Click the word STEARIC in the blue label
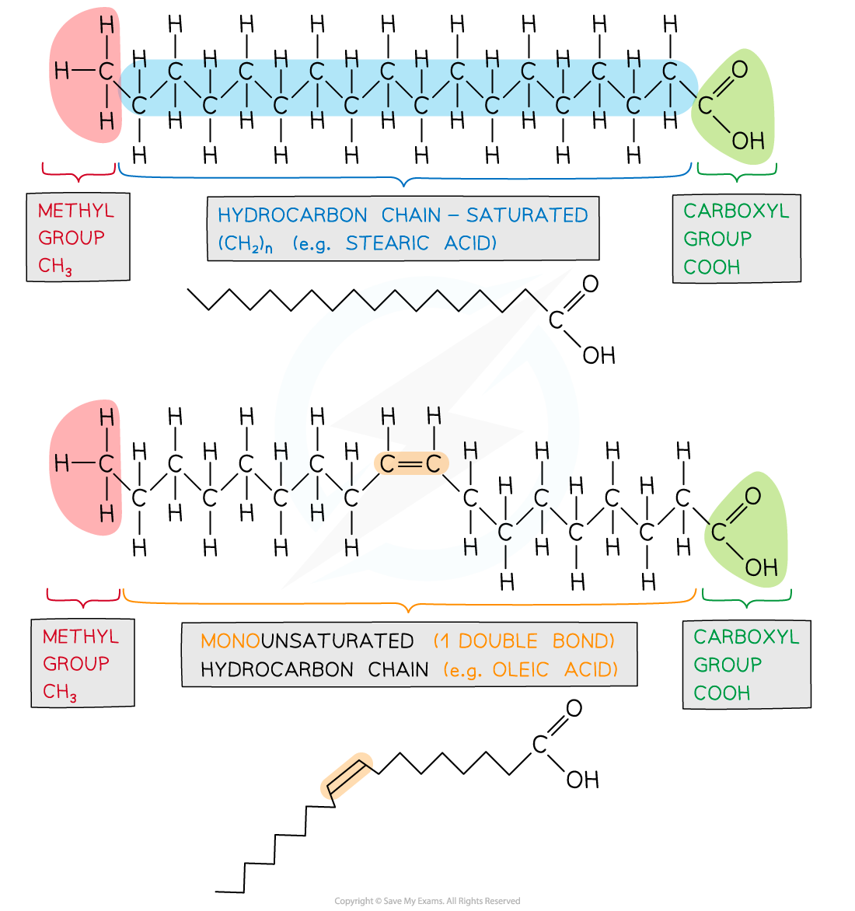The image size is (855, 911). (x=387, y=243)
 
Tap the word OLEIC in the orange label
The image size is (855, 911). (x=521, y=669)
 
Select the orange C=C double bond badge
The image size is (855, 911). (x=411, y=464)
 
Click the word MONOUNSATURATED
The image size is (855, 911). (x=307, y=641)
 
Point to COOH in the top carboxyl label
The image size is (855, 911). (x=712, y=267)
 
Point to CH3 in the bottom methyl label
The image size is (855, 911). (x=60, y=692)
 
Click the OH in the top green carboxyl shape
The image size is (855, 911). (x=749, y=141)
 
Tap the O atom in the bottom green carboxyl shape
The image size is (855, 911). (x=752, y=496)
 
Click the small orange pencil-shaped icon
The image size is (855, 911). (x=347, y=776)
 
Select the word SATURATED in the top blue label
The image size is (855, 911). (x=527, y=215)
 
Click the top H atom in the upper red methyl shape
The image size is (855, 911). (x=106, y=26)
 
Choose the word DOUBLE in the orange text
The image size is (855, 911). (x=497, y=641)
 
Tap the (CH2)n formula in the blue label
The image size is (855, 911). (x=245, y=244)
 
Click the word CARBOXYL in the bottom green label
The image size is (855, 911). (x=746, y=637)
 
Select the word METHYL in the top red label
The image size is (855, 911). (x=76, y=211)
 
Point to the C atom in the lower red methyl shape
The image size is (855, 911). (x=106, y=464)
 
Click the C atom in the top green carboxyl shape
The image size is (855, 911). (x=705, y=105)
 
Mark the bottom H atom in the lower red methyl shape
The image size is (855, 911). (x=106, y=513)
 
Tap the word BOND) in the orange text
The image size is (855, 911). (x=584, y=641)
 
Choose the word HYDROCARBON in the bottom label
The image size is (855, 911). (x=276, y=669)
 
